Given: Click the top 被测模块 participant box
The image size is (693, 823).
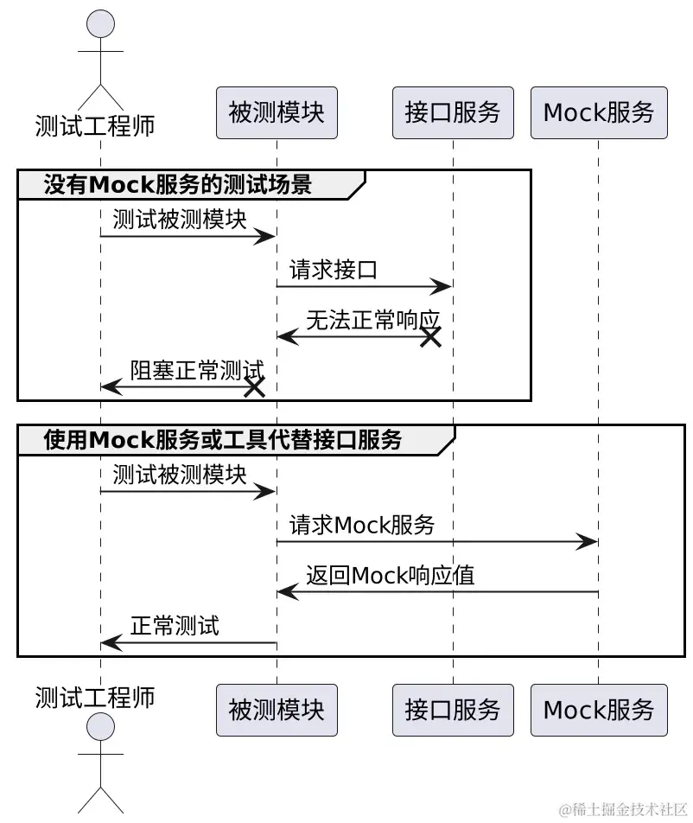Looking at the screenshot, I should pos(277,112).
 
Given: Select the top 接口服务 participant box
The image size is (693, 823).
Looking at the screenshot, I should pos(453,112).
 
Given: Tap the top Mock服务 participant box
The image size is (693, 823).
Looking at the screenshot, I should pos(599,112).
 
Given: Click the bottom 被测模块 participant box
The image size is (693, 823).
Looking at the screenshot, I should pos(277,711).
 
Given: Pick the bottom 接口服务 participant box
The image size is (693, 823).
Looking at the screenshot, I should pos(453,711).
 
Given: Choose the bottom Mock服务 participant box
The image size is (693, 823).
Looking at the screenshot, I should pos(599,711).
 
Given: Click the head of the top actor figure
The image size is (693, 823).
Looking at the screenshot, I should pos(101,24).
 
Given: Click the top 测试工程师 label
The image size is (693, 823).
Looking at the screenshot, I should pos(95,126).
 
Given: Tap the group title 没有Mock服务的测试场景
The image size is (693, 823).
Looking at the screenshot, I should pos(177,184).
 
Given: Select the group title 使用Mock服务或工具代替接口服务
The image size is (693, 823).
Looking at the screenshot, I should pos(223,440).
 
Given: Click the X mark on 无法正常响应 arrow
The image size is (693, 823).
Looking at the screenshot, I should pos(430,337).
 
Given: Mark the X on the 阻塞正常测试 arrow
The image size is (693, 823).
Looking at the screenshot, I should pos(254,387).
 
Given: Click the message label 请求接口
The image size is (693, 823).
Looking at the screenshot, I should pos(334,270).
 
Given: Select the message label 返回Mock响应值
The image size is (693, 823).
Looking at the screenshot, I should pos(390,576).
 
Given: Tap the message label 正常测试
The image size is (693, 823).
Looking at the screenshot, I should pos(175,626).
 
